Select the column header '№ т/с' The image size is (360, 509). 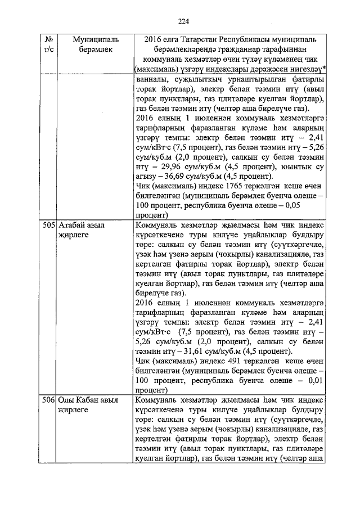(49, 45)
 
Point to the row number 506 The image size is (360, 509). (49, 400)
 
